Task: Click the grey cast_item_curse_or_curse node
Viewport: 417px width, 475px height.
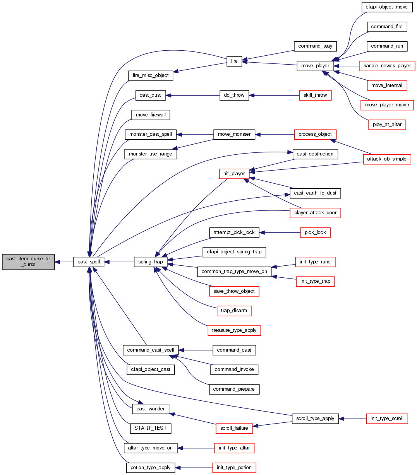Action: (28, 262)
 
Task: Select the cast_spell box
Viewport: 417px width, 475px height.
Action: (89, 262)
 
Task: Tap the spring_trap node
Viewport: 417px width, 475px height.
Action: (151, 262)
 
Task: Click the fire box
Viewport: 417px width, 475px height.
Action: (234, 61)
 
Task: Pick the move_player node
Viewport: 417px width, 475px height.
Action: (315, 66)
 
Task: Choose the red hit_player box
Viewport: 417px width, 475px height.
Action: (234, 174)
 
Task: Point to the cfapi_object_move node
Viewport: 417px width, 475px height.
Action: (387, 7)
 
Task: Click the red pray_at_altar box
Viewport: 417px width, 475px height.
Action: (387, 125)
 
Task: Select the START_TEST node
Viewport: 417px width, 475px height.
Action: (151, 428)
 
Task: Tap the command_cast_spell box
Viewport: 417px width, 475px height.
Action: (151, 350)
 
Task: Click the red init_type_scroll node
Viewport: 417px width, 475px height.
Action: (387, 419)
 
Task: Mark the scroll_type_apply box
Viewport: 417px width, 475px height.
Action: (315, 419)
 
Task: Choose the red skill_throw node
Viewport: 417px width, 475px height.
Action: (315, 95)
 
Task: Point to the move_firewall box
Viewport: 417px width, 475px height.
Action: (151, 115)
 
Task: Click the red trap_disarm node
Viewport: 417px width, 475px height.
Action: (234, 311)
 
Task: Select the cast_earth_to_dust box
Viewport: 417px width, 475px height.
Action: (315, 193)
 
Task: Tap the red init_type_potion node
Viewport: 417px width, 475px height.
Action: (234, 468)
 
